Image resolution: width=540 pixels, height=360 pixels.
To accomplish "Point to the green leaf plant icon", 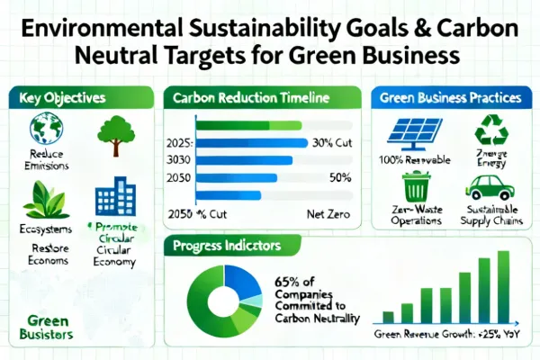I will click(x=39, y=199).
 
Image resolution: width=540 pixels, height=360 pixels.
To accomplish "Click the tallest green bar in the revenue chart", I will click(x=504, y=286).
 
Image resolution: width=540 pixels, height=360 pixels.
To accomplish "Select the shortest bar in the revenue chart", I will click(x=388, y=317).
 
